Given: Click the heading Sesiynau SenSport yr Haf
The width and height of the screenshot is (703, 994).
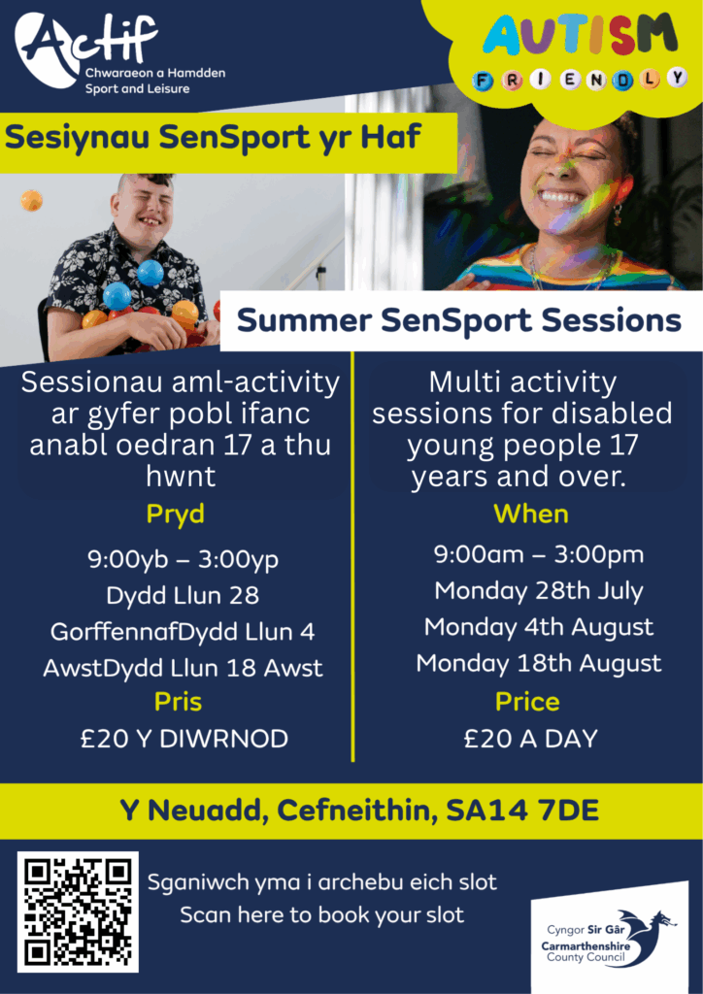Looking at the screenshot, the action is (213, 139).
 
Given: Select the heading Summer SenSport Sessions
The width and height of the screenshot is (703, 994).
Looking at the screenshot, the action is (459, 320).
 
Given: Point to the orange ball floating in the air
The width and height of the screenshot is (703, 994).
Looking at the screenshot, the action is (31, 201).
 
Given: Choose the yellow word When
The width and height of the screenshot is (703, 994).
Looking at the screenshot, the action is (531, 514).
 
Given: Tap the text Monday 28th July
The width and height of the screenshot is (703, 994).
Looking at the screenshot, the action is (539, 591).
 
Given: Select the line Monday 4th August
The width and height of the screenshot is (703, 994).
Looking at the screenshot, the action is (539, 628).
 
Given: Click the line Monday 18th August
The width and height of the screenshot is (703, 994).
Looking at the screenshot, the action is (539, 664).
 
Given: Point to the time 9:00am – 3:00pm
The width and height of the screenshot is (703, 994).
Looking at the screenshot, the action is (539, 555).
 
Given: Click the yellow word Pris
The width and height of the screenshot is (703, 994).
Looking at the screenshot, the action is (178, 703).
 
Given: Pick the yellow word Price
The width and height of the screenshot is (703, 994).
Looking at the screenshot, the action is (527, 703).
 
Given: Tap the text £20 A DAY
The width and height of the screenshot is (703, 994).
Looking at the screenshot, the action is (530, 739).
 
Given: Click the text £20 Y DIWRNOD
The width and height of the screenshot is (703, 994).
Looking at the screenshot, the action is (184, 739).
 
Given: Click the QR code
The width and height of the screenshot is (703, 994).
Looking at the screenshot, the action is (78, 911).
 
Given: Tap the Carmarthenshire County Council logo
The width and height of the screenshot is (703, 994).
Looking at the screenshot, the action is (609, 938).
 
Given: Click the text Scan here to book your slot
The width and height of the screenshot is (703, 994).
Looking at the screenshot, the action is (322, 915).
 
